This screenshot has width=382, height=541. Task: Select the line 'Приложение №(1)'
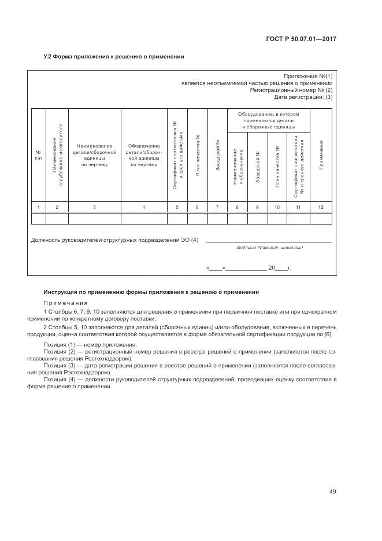308,76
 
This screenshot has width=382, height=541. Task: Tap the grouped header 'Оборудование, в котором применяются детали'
269,120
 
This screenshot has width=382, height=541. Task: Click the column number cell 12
321,207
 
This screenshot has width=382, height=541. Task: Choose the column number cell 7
217,207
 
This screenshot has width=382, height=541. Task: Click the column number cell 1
38,207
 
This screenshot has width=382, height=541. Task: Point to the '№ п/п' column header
38,155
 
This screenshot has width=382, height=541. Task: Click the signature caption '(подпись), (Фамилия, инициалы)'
269,248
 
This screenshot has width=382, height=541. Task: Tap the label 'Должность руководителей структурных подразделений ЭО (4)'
114,240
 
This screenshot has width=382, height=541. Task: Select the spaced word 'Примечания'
65,303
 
